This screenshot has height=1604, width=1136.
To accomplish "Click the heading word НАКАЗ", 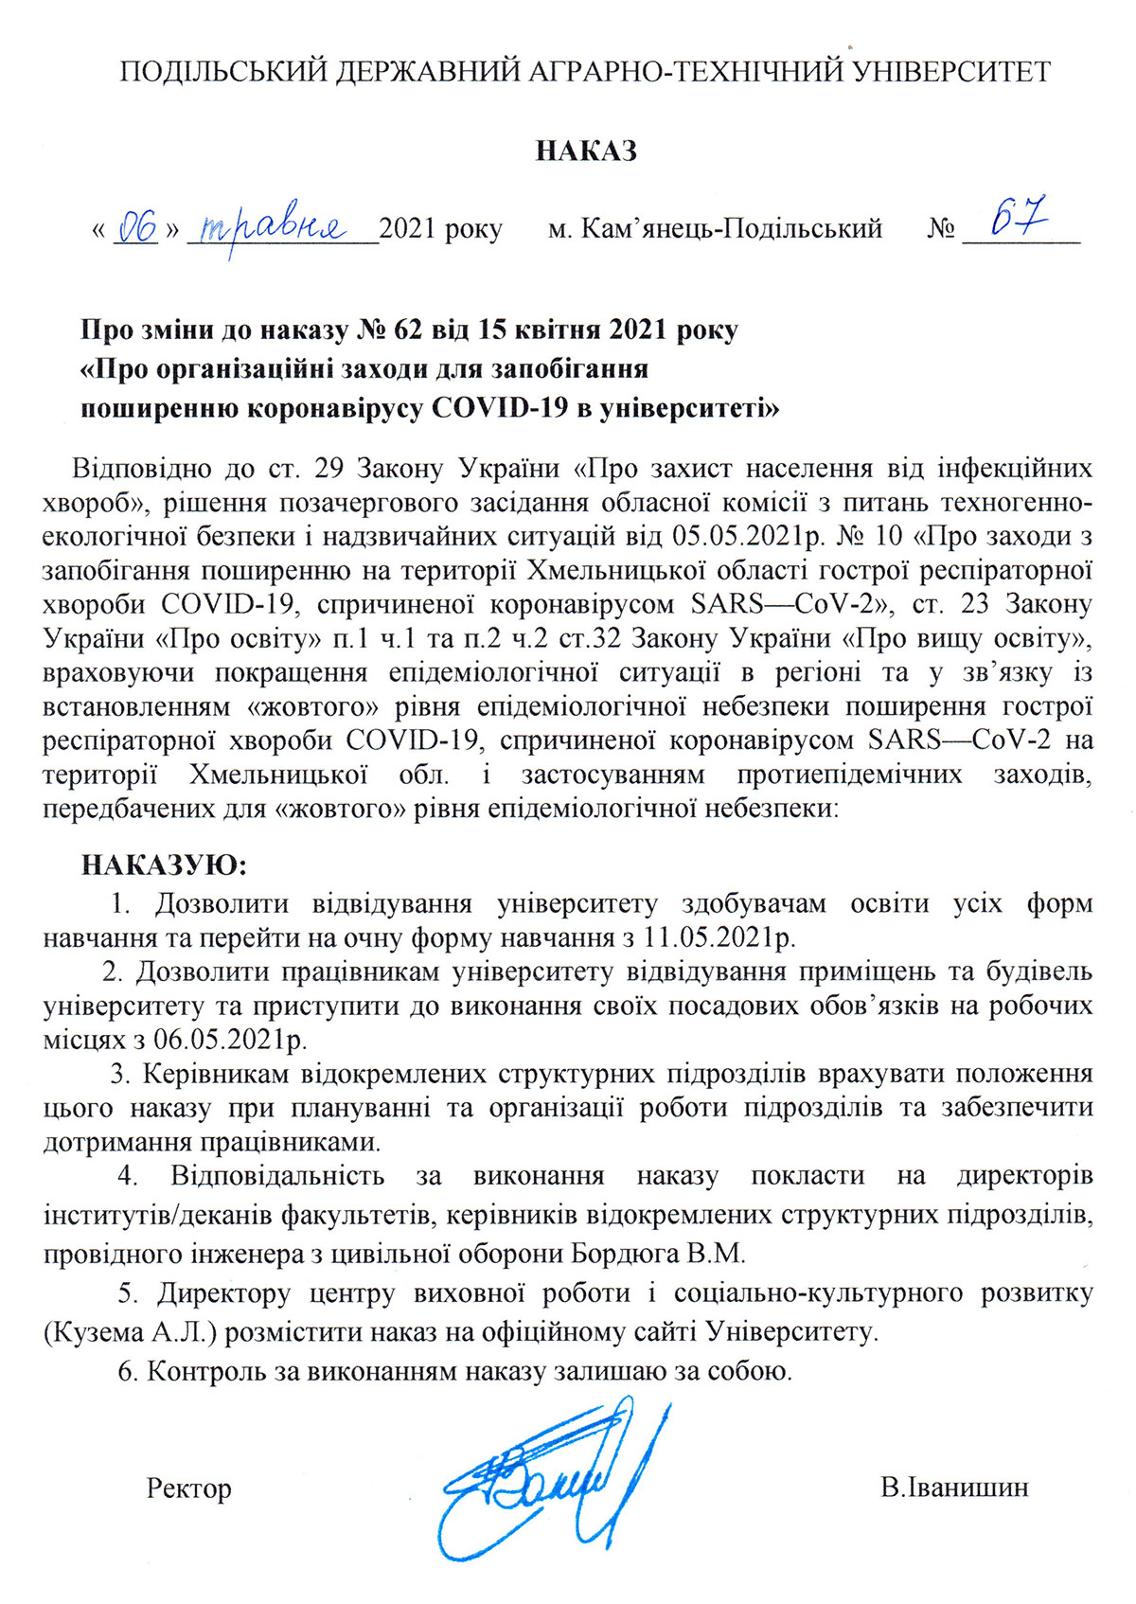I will click(585, 151).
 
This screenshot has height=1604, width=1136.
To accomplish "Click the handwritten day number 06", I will click(138, 228).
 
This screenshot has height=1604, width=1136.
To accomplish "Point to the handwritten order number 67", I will click(1019, 219).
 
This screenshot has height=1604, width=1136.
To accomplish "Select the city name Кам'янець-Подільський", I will click(731, 229).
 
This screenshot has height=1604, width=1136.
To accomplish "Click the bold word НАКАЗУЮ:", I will click(164, 865).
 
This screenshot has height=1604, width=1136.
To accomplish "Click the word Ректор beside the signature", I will click(189, 1488).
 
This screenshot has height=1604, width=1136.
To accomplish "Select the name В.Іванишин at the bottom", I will click(953, 1488).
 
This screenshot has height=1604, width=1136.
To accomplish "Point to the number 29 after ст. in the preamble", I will click(347, 469).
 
